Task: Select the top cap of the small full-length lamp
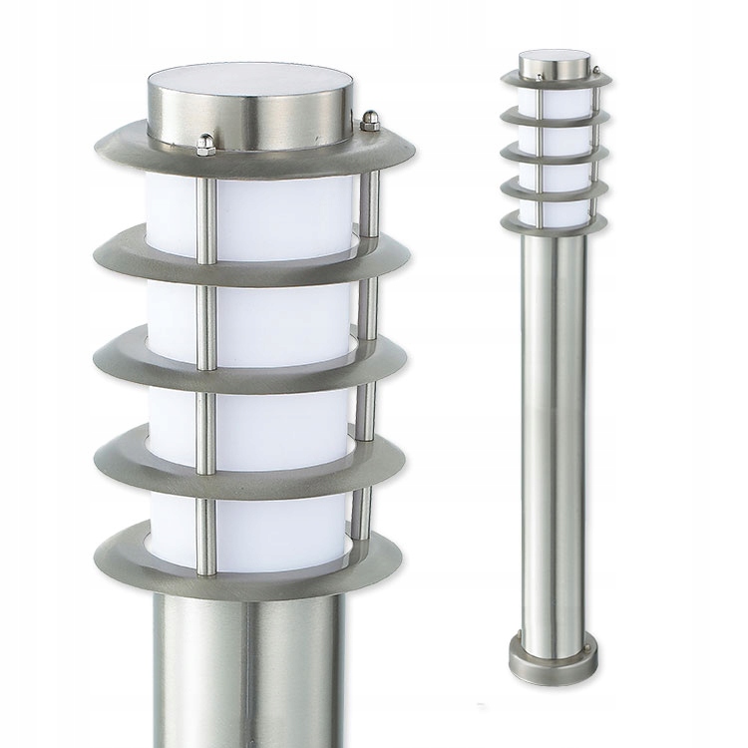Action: pyautogui.click(x=553, y=67)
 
